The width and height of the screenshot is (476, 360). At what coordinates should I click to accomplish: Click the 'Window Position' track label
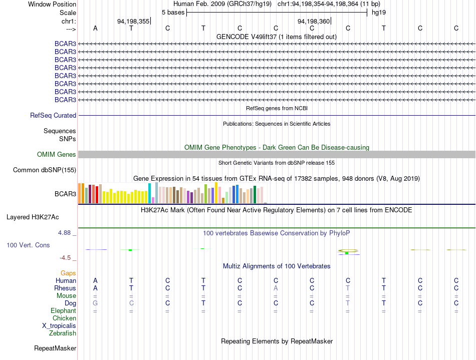click(52, 4)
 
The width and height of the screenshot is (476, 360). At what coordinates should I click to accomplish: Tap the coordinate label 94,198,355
click(133, 21)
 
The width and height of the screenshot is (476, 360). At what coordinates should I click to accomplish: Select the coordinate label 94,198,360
click(314, 21)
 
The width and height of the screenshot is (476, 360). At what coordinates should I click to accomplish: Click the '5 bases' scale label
click(173, 13)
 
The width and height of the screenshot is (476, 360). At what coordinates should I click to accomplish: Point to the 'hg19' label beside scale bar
click(379, 13)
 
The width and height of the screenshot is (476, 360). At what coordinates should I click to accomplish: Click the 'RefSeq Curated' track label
click(53, 115)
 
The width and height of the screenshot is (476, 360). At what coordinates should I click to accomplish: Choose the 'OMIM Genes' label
click(57, 154)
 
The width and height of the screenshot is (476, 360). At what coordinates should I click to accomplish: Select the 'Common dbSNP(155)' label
click(45, 170)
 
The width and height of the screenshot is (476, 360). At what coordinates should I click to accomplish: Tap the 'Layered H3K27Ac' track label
click(33, 217)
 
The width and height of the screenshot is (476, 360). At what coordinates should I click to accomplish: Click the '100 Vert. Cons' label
click(28, 245)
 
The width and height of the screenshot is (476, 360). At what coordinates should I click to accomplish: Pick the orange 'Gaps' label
click(68, 273)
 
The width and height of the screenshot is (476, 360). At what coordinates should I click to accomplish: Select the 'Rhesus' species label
click(65, 288)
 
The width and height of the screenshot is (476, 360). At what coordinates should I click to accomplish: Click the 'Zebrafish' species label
click(63, 333)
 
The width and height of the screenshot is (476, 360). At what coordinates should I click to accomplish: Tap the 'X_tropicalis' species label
click(59, 326)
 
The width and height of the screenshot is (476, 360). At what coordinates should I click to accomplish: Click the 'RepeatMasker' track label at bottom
click(55, 348)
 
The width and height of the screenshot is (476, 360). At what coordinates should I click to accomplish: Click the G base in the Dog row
click(95, 303)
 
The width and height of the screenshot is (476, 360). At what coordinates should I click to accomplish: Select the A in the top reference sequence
click(95, 28)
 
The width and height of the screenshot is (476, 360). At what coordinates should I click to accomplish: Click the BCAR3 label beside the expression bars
click(65, 194)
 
